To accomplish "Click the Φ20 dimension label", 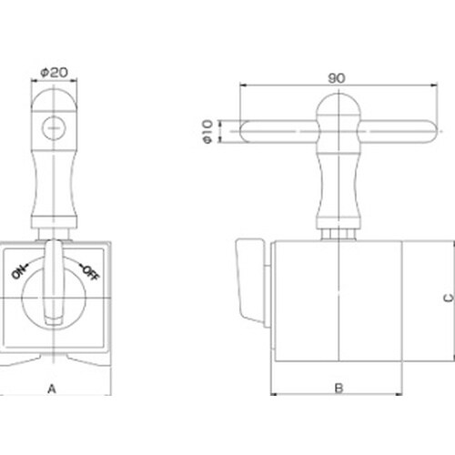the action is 54,73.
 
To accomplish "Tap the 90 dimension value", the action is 337,78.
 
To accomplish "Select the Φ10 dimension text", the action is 207,132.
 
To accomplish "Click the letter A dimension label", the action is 52,389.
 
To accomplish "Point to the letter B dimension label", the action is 339,388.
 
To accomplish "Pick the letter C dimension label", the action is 449,298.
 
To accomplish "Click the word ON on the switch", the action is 19,271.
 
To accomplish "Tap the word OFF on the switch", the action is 90,272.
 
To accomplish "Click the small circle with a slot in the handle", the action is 54,128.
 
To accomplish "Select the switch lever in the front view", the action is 54,283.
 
